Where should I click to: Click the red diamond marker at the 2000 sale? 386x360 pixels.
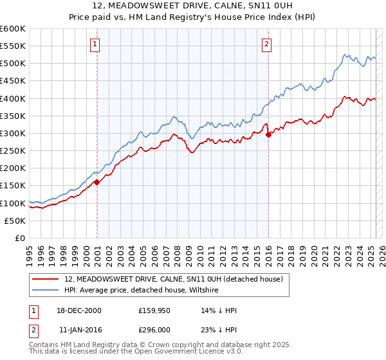pyautogui.click(x=97, y=182)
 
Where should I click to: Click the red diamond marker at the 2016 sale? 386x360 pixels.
pyautogui.click(x=268, y=134)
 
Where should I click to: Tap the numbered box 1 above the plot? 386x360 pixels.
pyautogui.click(x=95, y=44)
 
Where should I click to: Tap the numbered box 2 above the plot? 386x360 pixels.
pyautogui.click(x=266, y=44)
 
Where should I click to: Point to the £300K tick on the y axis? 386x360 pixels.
pyautogui.click(x=13, y=133)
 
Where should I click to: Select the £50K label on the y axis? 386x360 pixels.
pyautogui.click(x=15, y=221)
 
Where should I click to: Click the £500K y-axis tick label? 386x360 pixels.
pyautogui.click(x=13, y=63)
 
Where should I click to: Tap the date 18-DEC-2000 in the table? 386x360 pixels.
pyautogui.click(x=80, y=311)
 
